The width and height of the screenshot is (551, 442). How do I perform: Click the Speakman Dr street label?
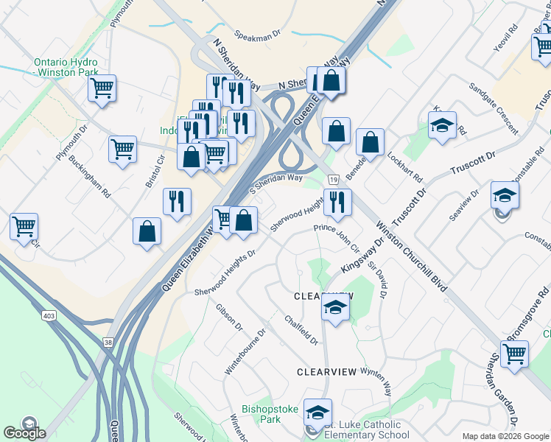tap(258, 35)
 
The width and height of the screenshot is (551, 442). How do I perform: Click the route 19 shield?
tap(334, 180)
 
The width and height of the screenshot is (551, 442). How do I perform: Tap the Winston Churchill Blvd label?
tap(410, 257)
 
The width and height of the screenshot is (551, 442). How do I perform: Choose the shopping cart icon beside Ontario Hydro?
tap(102, 89)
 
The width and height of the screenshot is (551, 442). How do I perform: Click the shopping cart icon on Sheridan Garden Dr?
tap(514, 354)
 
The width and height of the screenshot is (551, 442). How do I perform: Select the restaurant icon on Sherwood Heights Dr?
tap(337, 202)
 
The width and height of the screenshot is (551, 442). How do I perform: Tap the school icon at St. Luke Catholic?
tap(317, 413)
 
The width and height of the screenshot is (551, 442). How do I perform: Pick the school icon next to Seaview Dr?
tap(505, 195)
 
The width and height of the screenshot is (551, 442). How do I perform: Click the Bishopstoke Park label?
tap(262, 414)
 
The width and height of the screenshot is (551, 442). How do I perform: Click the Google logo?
tap(24, 432)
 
